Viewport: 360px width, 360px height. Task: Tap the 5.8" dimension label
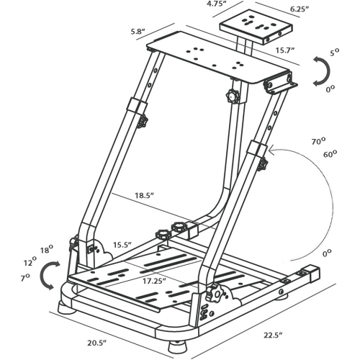(139, 32)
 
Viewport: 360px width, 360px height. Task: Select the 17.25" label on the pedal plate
(153, 279)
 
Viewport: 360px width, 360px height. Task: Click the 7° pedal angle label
(25, 276)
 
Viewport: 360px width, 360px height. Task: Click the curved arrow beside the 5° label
(321, 73)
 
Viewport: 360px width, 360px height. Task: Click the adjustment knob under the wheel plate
(232, 96)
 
